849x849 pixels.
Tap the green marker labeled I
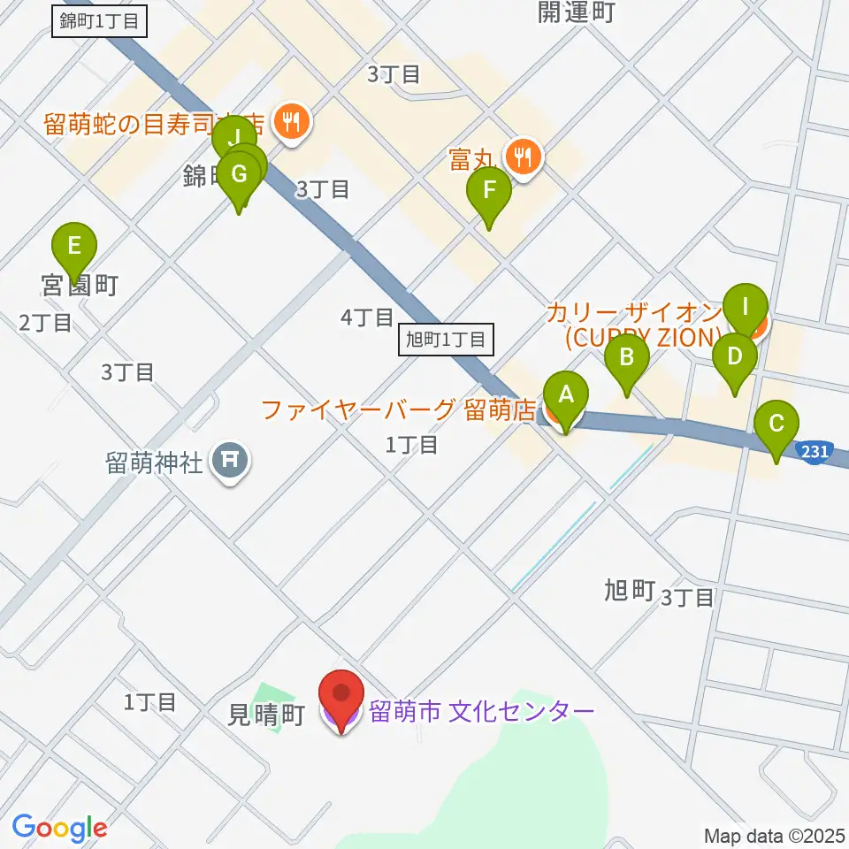pyautogui.click(x=745, y=309)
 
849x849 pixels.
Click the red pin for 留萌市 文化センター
pyautogui.click(x=340, y=699)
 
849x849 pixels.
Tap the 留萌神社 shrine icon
pyautogui.click(x=230, y=460)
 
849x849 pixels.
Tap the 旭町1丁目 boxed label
pyautogui.click(x=445, y=340)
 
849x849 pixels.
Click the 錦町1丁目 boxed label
pyautogui.click(x=99, y=21)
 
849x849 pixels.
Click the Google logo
pyautogui.click(x=59, y=829)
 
